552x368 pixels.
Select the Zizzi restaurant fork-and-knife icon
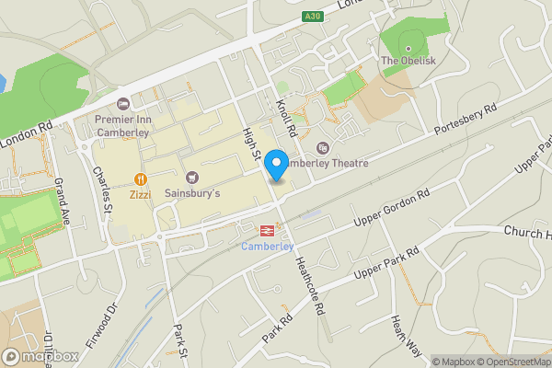(x=140, y=178)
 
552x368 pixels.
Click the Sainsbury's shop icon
(x=192, y=178)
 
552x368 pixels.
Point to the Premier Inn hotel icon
(x=125, y=103)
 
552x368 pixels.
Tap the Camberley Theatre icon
(x=322, y=148)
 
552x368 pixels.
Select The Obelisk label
(x=404, y=61)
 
